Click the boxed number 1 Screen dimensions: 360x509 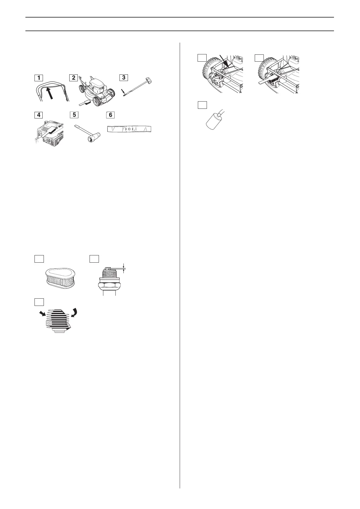click(38, 78)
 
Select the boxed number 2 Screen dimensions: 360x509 click(74, 78)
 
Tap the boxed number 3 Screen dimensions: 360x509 click(123, 78)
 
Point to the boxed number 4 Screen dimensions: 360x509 click(38, 115)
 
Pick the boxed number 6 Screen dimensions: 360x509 click(110, 115)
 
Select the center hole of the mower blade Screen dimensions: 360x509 click(129, 129)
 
